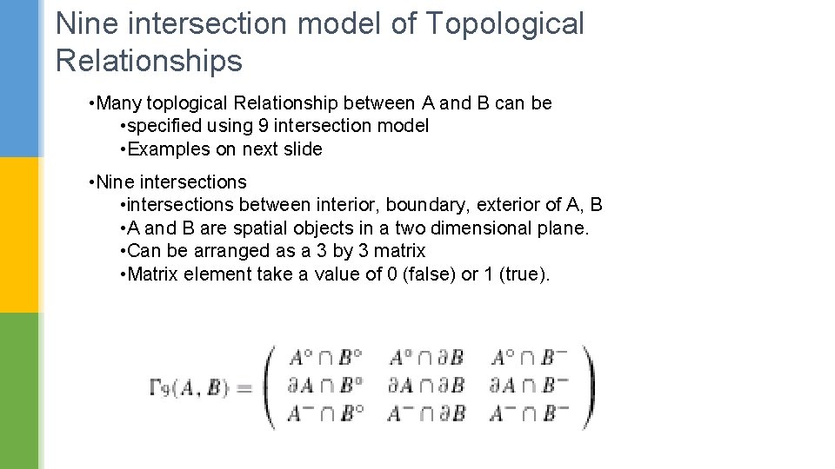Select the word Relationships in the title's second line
(149, 62)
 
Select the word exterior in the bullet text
(514, 205)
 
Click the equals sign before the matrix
(244, 388)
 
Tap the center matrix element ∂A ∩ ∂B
(426, 384)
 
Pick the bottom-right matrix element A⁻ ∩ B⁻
(529, 413)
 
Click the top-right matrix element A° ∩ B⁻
(529, 357)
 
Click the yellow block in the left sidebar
(19, 234)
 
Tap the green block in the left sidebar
(19, 391)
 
